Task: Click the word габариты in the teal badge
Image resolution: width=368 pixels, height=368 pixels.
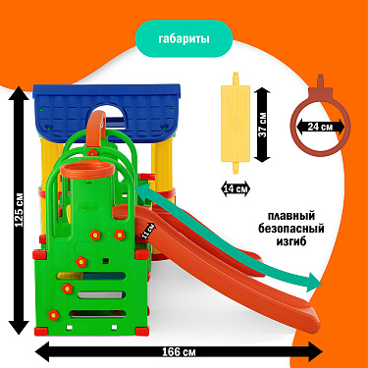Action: [x=184, y=39]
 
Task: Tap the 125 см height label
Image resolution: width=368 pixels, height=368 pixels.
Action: [x=20, y=210]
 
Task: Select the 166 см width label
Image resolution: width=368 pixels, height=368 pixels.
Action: [x=179, y=352]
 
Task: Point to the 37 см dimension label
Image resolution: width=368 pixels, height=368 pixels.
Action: [x=263, y=125]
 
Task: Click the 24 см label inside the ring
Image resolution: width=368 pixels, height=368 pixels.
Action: [x=320, y=127]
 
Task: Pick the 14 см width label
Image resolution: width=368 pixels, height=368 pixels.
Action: [x=237, y=189]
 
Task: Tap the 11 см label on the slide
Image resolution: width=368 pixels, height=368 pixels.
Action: [x=148, y=230]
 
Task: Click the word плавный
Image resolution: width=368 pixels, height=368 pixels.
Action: [x=291, y=216]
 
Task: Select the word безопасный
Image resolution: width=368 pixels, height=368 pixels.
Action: [x=291, y=229]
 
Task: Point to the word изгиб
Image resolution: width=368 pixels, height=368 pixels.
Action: [x=291, y=241]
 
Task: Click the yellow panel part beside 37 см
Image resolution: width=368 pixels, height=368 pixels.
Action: [x=236, y=123]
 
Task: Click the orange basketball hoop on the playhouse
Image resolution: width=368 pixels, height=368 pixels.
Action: [x=87, y=171]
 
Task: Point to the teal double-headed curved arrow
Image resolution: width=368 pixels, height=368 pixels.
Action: [x=229, y=237]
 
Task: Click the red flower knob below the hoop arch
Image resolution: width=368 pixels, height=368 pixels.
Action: [x=93, y=152]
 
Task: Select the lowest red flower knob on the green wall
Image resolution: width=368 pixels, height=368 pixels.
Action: [x=54, y=315]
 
